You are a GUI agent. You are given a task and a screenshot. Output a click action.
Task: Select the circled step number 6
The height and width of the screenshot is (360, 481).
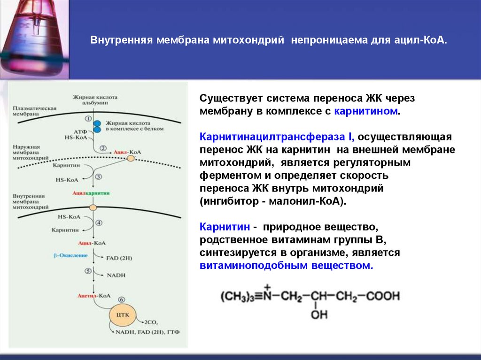(x=122, y=299)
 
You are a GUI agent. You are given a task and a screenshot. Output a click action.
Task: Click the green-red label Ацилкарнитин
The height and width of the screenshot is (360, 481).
(x=91, y=193)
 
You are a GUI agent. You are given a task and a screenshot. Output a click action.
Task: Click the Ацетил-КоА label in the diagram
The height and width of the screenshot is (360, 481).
(x=94, y=296)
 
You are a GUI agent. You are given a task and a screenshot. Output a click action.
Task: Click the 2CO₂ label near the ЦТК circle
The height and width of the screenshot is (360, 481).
(x=151, y=323)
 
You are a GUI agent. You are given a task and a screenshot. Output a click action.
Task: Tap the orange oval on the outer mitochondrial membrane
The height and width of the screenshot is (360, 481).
(x=130, y=159)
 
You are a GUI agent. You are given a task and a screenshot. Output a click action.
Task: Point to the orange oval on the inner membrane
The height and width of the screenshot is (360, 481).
(x=93, y=207)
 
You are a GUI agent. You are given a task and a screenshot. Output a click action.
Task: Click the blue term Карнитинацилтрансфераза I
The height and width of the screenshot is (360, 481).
(x=277, y=137)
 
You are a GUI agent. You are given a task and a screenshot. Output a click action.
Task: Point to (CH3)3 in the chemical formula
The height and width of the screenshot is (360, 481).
(x=239, y=297)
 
